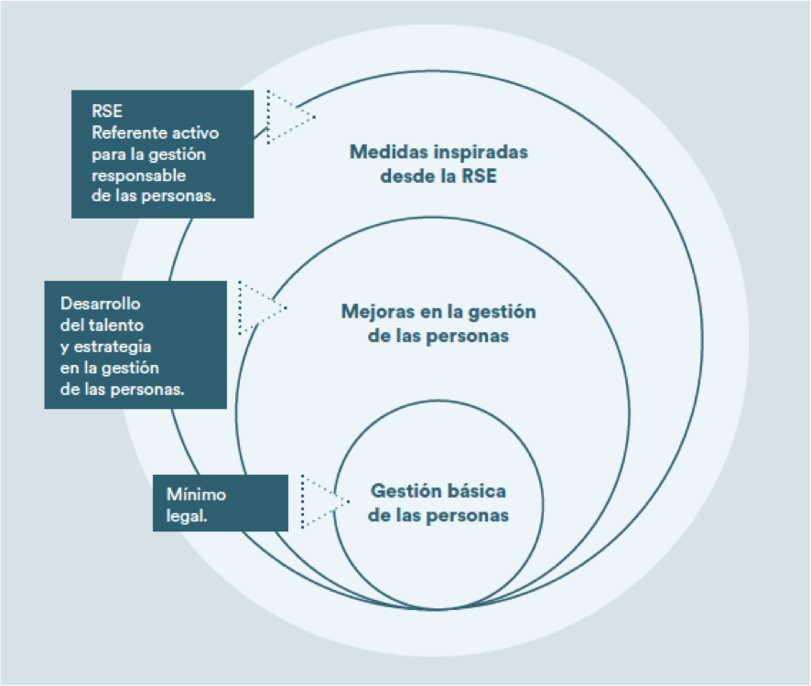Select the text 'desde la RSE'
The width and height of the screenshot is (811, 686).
tap(438, 176)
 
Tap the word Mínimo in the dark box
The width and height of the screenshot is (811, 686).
tap(196, 494)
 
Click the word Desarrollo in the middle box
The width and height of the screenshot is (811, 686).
tap(101, 304)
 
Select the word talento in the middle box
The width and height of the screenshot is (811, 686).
tap(117, 325)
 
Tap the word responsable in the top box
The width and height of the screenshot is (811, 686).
tap(138, 175)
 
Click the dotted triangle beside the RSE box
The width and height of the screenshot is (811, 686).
tap(287, 116)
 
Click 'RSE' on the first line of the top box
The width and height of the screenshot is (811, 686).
tap(105, 112)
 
